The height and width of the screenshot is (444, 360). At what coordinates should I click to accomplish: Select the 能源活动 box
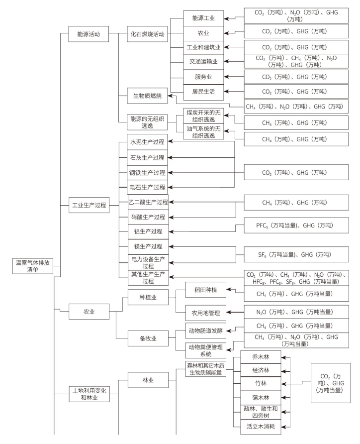89,35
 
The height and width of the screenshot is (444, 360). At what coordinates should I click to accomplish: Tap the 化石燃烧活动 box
147,35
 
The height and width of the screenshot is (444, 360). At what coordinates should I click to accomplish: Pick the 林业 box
148,380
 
